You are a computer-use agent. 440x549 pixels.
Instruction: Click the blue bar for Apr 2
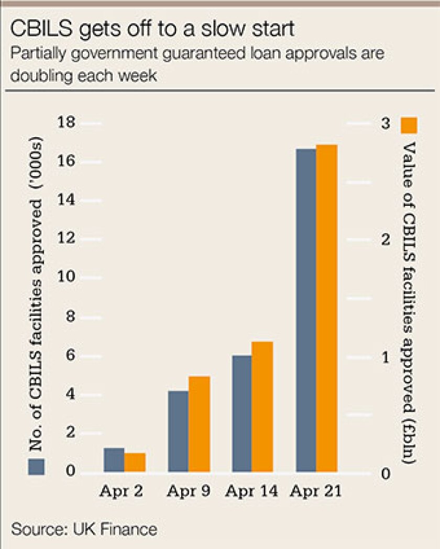(x=114, y=460)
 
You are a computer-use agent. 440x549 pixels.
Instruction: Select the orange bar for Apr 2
(x=135, y=462)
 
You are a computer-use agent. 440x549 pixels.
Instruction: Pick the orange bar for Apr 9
(x=199, y=424)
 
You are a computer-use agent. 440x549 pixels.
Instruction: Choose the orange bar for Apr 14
(x=262, y=407)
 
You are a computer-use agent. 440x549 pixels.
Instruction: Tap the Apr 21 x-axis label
(x=316, y=492)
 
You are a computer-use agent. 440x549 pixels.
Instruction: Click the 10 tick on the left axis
(x=69, y=278)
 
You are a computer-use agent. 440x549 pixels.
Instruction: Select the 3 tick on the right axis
(x=387, y=124)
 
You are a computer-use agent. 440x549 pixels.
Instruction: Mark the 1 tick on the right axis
(x=387, y=357)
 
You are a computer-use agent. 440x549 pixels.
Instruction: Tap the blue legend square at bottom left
(x=37, y=467)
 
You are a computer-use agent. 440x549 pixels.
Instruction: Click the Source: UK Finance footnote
(x=84, y=529)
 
